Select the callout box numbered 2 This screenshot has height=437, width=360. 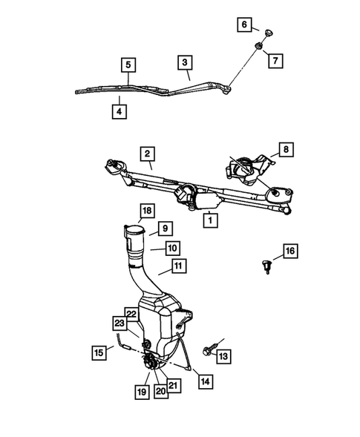coord(148,154)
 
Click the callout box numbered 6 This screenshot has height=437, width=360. coord(243,24)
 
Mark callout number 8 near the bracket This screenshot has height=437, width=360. coord(286,149)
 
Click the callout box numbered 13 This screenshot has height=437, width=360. coord(223,357)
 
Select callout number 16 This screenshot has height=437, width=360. coord(289,252)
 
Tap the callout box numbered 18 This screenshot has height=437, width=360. coord(146,212)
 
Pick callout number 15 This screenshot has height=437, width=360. coord(99,351)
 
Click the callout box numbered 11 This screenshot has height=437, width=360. coord(178,266)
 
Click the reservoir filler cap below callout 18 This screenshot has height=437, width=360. coord(135,236)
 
